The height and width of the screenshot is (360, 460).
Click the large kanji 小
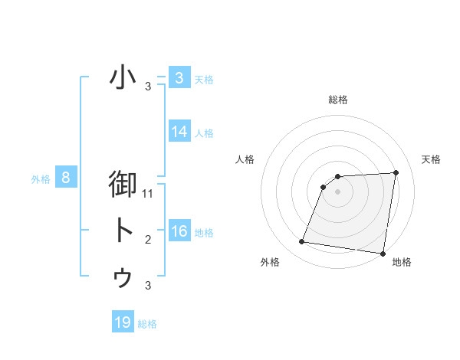pyautogui.click(x=123, y=77)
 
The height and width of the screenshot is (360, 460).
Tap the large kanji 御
pyautogui.click(x=123, y=185)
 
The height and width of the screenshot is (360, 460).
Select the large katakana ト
pyautogui.click(x=123, y=231)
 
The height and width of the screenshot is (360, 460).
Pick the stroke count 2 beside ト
pyautogui.click(x=148, y=240)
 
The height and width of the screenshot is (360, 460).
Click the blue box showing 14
pyautogui.click(x=179, y=132)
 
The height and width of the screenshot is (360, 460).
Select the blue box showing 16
pyautogui.click(x=179, y=231)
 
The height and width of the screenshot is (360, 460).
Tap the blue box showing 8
pyautogui.click(x=66, y=178)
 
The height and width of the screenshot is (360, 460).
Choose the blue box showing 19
pyautogui.click(x=123, y=322)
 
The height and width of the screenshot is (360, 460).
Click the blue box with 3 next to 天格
pyautogui.click(x=179, y=78)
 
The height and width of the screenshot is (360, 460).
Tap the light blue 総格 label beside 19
pyautogui.click(x=147, y=324)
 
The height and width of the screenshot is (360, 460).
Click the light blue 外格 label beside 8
pyautogui.click(x=41, y=180)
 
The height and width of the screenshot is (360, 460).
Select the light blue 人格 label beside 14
pyautogui.click(x=204, y=133)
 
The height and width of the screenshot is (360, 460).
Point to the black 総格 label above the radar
pyautogui.click(x=337, y=100)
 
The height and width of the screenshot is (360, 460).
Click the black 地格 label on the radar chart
pyautogui.click(x=402, y=262)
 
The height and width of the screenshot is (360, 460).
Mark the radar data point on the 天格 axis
pyautogui.click(x=396, y=172)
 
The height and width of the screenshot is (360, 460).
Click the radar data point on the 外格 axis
pyautogui.click(x=302, y=242)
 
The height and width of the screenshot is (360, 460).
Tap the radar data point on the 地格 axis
pyautogui.click(x=383, y=254)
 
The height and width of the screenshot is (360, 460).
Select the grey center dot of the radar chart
pyautogui.click(x=337, y=191)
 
